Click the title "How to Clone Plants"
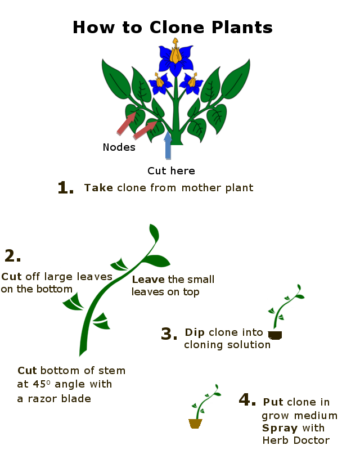tap(173, 27)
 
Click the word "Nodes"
tap(119, 147)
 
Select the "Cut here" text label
tap(171, 170)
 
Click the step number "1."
tap(66, 188)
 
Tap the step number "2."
tap(13, 256)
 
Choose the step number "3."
tap(169, 334)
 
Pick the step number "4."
tap(247, 400)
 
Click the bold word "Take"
tap(99, 188)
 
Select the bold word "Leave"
tap(148, 280)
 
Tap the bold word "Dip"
tap(195, 332)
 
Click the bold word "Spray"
tap(280, 428)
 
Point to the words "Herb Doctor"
tap(296, 440)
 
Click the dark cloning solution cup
tap(275, 335)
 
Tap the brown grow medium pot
tap(195, 424)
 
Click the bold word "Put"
tap(273, 402)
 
